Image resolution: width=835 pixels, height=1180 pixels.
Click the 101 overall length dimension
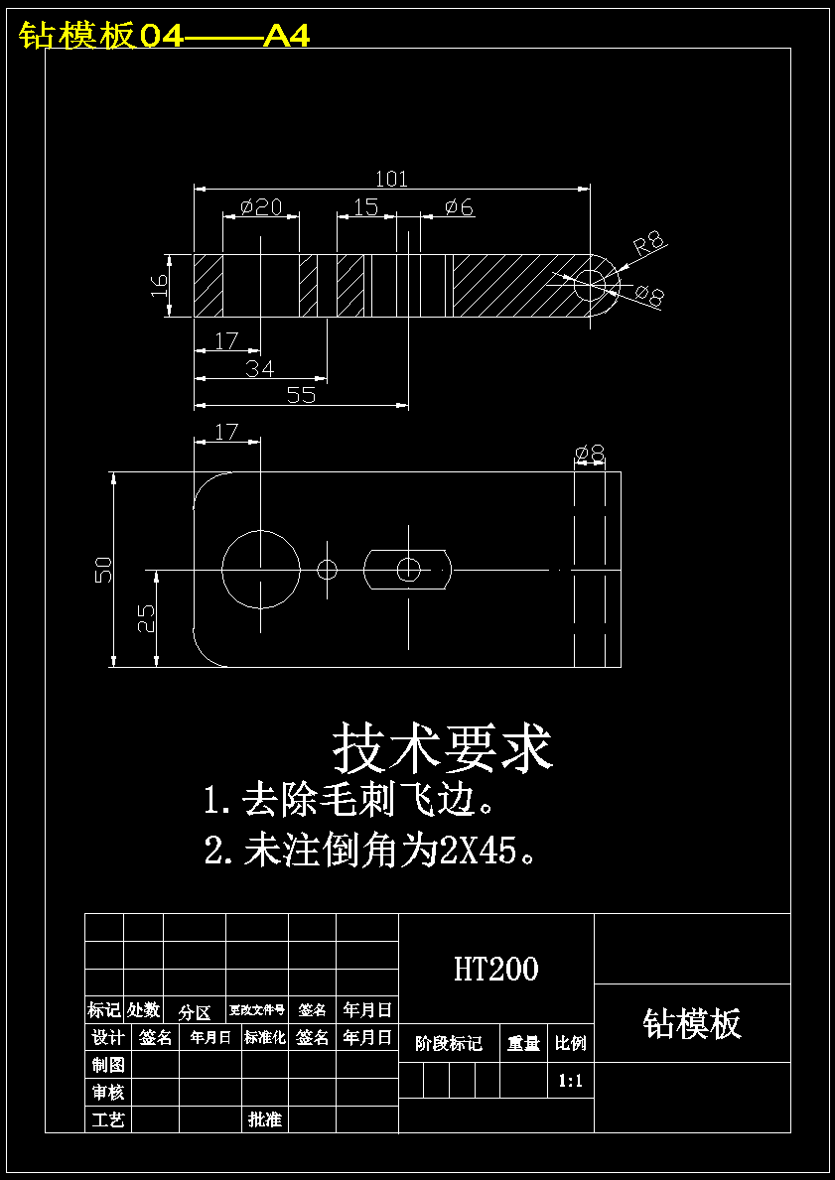391,179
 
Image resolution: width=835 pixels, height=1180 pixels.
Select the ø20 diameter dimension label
261,207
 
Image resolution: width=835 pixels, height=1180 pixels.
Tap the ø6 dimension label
459,207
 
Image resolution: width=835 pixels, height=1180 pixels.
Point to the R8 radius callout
650,243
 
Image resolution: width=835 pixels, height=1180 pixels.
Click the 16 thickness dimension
160,286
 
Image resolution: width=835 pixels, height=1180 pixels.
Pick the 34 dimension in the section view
260,368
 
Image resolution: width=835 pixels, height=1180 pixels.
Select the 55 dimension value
301,395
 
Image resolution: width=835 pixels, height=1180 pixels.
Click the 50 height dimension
103,570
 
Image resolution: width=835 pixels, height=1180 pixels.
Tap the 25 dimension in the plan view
146,618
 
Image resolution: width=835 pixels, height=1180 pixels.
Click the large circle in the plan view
260,569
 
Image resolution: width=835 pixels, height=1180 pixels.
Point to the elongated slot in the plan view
408,569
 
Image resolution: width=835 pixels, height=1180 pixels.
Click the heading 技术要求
442,747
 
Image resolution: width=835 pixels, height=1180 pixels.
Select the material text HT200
495,969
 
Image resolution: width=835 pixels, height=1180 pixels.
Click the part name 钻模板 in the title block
692,1023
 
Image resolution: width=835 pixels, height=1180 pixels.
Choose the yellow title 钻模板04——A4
165,37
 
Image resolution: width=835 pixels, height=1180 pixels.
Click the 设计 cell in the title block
107,1038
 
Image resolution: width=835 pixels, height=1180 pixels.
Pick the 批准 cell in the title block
265,1119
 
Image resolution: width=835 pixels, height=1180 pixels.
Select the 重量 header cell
523,1044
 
